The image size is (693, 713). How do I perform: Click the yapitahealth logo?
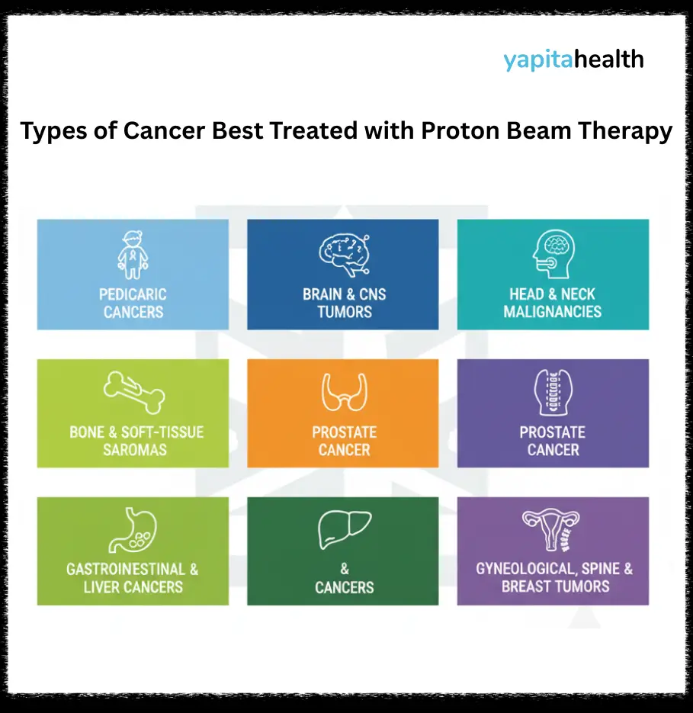point(573,59)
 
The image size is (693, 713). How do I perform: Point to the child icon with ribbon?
point(133,255)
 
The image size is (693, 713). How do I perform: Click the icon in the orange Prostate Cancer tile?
point(343,393)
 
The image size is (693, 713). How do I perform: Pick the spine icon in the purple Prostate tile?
point(553,393)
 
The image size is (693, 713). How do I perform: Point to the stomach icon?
point(133,530)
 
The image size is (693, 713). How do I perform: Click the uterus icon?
point(552,529)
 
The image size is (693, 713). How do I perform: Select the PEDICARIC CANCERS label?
point(133,303)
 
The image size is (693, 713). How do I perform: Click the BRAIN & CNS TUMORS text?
point(344,303)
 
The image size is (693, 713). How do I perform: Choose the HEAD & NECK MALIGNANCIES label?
point(553,303)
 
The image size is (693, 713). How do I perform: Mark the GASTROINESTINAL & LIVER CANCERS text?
point(133,578)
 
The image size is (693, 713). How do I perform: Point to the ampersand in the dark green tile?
point(343,570)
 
